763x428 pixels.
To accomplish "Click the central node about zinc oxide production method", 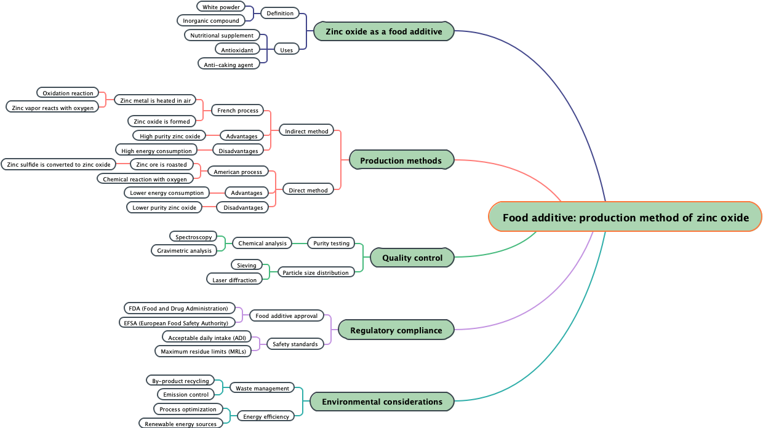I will coord(625,217).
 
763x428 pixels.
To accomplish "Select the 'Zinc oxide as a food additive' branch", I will coord(383,31).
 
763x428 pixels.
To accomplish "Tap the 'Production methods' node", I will coord(401,160).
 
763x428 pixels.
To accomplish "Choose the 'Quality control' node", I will coord(412,258).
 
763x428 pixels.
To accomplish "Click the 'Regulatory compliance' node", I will coord(396,330).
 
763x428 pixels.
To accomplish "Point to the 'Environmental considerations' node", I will coord(381,402).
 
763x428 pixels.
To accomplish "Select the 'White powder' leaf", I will coord(221,7).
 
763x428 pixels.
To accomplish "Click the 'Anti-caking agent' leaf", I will coord(228,65).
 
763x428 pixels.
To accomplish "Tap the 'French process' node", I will coord(238,111).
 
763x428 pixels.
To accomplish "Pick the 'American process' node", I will coord(238,172).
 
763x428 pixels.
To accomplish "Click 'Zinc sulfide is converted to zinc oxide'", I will coord(58,164).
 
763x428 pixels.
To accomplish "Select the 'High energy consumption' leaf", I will coord(156,151).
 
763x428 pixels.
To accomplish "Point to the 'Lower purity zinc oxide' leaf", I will coord(164,207).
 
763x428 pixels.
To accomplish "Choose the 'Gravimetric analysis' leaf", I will coord(184,250).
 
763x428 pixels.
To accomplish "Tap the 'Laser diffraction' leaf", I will coord(234,280).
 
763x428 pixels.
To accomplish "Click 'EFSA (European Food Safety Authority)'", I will coord(176,323).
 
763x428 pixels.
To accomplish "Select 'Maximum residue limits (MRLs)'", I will coord(202,352).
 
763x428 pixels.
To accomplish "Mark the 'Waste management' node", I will coord(262,388).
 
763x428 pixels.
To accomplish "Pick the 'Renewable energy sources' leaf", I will coord(180,424).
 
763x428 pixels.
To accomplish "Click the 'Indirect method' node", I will coord(306,131).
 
